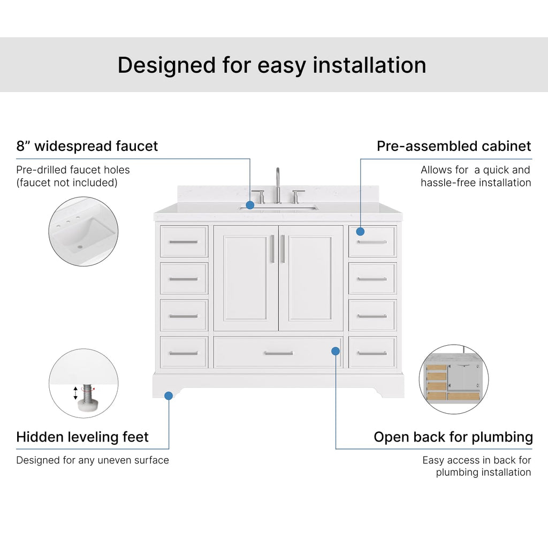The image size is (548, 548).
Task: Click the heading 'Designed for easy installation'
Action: [272, 65]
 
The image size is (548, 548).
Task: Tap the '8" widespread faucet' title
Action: [87, 146]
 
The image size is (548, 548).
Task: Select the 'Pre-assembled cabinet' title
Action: [454, 146]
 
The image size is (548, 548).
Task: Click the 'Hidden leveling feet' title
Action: [82, 437]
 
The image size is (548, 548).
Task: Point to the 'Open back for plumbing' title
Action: [453, 437]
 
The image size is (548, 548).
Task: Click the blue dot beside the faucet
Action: [250, 205]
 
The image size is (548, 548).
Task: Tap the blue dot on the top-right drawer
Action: [360, 231]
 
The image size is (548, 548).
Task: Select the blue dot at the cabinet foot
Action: [169, 395]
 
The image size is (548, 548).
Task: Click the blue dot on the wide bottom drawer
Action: [336, 351]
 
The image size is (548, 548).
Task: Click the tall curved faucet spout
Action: [278, 185]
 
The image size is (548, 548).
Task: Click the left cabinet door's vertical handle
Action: [272, 249]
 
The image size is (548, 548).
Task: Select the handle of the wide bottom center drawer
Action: [278, 353]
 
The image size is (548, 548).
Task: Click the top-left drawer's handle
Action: [184, 242]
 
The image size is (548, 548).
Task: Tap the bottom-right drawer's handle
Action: [372, 353]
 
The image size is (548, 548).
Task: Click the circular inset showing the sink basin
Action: [83, 231]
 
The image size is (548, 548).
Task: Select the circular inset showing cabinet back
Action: [454, 379]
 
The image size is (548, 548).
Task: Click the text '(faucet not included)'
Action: [67, 182]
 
